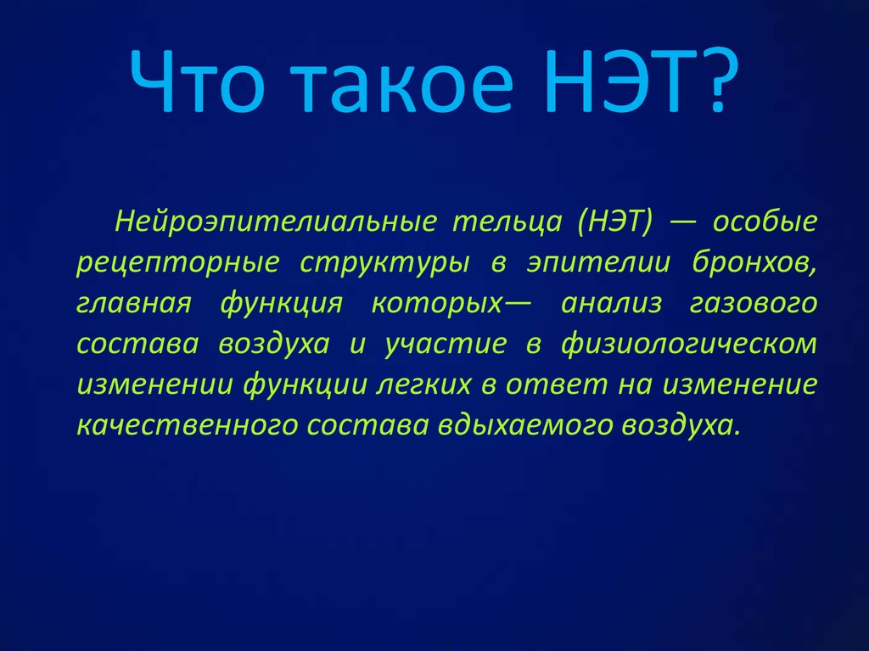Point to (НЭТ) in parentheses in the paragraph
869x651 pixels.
615,222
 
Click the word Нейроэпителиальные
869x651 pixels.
277,222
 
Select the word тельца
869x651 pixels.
507,222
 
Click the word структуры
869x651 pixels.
384,262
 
